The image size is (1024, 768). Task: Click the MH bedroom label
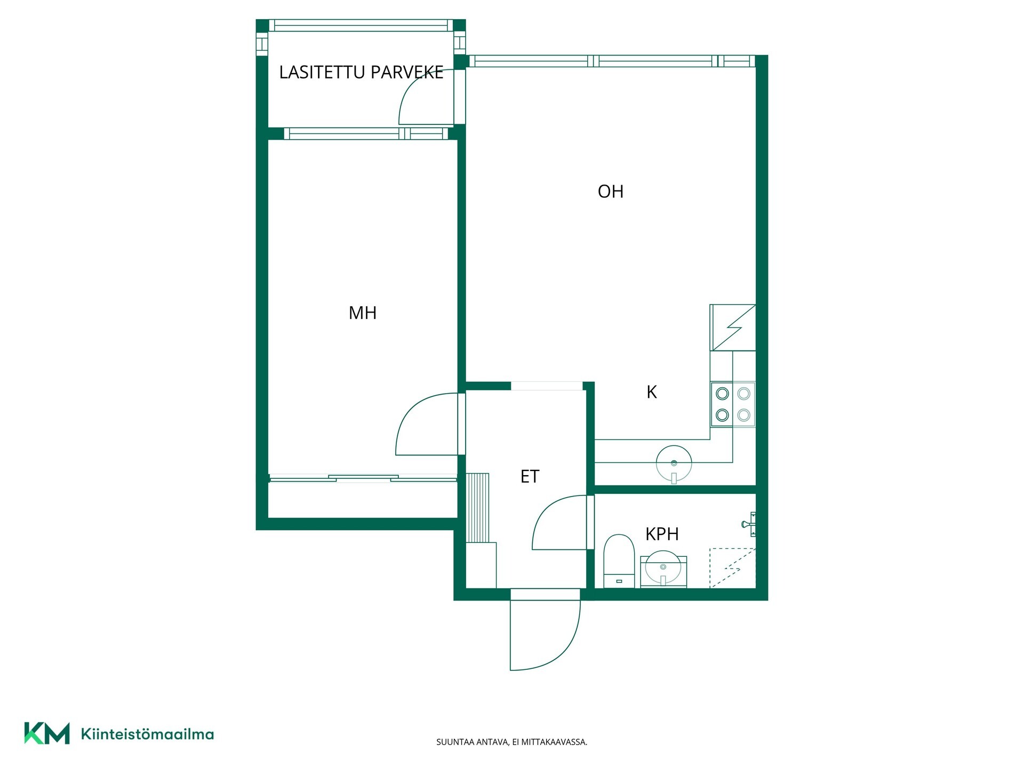(363, 313)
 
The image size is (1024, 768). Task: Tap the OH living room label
(611, 191)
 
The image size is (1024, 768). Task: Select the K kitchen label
(651, 392)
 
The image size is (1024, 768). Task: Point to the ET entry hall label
(530, 476)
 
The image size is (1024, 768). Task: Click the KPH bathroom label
(662, 534)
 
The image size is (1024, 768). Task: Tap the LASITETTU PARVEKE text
(361, 72)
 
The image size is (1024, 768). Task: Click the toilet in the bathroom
(619, 561)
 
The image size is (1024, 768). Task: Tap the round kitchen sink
(674, 464)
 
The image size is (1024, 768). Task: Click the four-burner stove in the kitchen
(733, 404)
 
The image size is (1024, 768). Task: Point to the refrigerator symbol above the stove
(733, 327)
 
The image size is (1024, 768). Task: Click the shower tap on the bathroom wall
(749, 524)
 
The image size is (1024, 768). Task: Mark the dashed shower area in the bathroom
(732, 568)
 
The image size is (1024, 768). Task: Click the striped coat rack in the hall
(478, 507)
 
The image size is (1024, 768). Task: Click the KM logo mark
(47, 733)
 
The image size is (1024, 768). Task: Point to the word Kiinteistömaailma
(147, 734)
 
